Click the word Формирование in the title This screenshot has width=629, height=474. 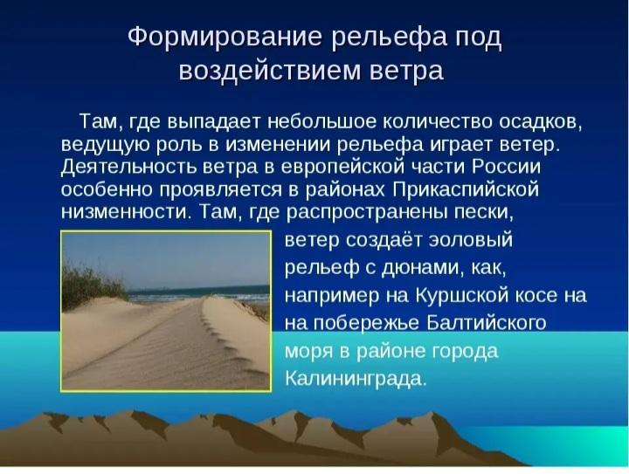(x=225, y=38)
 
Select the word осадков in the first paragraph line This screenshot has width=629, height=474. (x=540, y=122)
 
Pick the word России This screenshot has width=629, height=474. (x=506, y=167)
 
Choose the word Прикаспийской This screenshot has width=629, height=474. (x=466, y=189)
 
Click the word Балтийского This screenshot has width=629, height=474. (x=486, y=323)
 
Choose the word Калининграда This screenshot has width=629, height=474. (x=356, y=379)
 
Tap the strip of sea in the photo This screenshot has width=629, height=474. (x=198, y=293)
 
